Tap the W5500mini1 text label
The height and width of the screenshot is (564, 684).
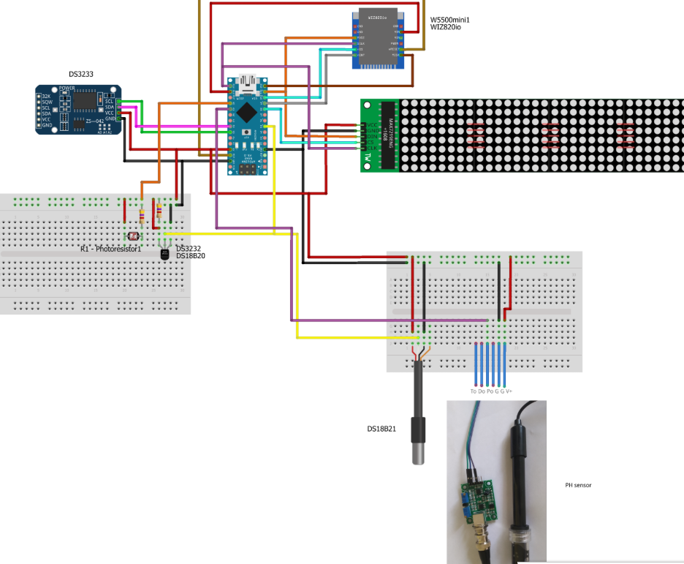pos(450,19)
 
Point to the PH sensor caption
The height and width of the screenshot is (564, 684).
pos(578,485)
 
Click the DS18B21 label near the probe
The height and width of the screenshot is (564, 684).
pos(381,429)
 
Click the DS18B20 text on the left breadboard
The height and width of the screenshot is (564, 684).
pos(191,256)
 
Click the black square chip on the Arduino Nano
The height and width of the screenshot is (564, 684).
pos(248,112)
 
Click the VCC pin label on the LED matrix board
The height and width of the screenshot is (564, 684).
pos(371,125)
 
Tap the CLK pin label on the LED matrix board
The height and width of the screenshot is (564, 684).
pos(371,148)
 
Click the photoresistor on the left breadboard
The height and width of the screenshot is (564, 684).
pos(132,236)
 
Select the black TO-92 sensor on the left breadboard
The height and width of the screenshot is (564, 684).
pos(164,253)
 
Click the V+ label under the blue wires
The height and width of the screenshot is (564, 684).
pos(509,391)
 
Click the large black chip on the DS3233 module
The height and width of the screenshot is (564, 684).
pos(86,99)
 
